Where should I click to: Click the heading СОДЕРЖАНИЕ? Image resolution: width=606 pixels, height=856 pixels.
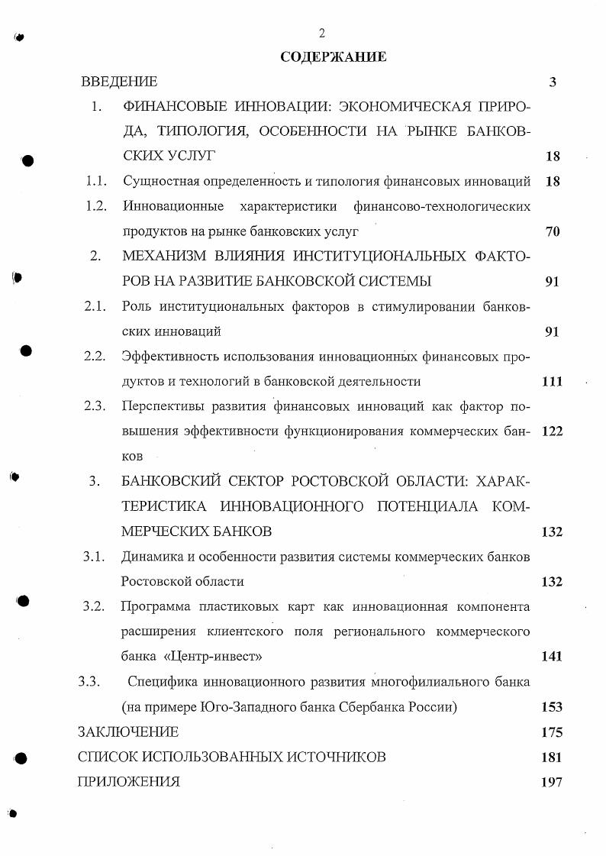[x=333, y=57]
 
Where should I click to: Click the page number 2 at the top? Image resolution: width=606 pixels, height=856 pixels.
[x=322, y=32]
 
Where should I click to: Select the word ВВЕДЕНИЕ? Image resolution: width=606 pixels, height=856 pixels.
[x=119, y=82]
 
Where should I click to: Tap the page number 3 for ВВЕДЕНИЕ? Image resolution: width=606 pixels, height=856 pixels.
[x=553, y=82]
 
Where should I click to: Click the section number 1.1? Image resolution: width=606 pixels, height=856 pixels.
[x=95, y=182]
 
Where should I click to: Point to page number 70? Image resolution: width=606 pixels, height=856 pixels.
[x=553, y=231]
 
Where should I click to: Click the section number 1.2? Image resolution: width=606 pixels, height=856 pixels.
[x=95, y=206]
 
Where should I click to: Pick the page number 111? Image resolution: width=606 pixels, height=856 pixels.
[x=551, y=381]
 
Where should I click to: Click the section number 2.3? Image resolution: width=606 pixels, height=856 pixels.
[x=95, y=406]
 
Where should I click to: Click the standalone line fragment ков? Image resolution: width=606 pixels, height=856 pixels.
[x=132, y=456]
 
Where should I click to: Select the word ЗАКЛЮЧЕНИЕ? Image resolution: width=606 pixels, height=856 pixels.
[x=128, y=732]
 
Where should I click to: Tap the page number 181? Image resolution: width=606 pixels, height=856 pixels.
[x=551, y=757]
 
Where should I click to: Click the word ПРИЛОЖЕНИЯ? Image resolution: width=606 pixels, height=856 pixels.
[x=129, y=781]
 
